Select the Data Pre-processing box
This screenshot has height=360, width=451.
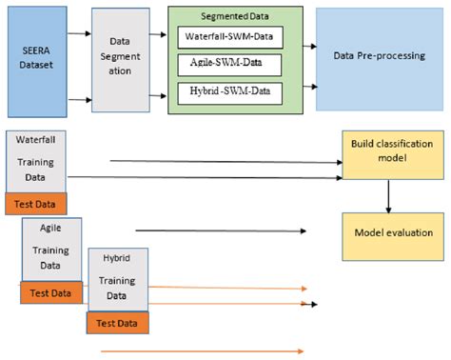point(379,57)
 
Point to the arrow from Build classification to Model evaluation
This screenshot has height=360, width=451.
point(388,195)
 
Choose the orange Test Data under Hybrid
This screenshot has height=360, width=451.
point(117,324)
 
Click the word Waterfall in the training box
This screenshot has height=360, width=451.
point(37,139)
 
